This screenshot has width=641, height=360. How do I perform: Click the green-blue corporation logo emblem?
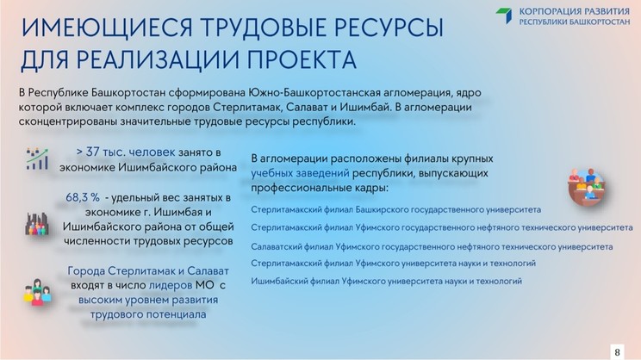click(x=504, y=16)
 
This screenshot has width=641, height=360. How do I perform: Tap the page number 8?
click(x=617, y=352)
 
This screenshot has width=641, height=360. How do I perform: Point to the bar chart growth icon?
click(x=37, y=159)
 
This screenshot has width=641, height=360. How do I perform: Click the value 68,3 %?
click(x=83, y=197)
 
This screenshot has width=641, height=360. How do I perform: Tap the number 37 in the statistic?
click(x=92, y=152)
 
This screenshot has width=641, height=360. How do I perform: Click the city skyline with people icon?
click(x=37, y=224)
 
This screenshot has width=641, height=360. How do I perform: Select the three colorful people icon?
click(x=37, y=292)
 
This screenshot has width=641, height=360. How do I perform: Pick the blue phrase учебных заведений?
click(x=300, y=173)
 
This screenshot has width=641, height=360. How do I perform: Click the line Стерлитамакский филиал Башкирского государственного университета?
click(x=395, y=209)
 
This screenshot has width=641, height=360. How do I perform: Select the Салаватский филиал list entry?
click(x=432, y=247)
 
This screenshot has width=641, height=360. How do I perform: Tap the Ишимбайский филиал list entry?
click(x=386, y=281)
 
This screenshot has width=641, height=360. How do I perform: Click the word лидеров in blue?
click(x=171, y=285)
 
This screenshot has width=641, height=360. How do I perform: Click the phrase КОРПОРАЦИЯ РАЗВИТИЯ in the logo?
click(x=575, y=11)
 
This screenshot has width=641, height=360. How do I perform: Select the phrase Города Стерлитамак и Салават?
click(x=148, y=271)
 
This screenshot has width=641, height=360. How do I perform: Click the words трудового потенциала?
click(x=148, y=314)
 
